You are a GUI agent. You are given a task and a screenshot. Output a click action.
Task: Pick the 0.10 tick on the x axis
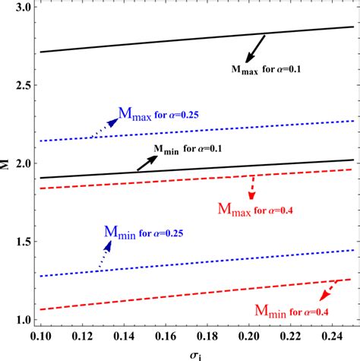[x=39, y=335]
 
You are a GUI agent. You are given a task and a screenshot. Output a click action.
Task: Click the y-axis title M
[x=7, y=163]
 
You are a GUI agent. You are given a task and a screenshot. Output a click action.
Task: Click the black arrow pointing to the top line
[x=254, y=49]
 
